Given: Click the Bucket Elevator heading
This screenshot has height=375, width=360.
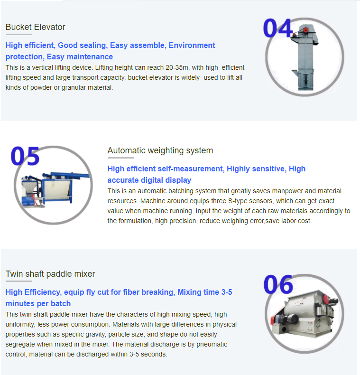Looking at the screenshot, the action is (x=35, y=27).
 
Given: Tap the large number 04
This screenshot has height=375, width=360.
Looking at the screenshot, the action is (x=277, y=28).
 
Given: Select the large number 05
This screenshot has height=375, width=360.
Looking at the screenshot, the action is (x=25, y=156).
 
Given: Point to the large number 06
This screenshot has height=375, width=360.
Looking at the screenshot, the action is (x=278, y=284).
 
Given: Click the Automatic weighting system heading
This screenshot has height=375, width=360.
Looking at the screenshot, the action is (x=160, y=150).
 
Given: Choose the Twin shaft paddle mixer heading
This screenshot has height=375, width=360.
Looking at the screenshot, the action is (x=50, y=274).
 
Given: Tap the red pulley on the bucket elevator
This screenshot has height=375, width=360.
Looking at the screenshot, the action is (x=306, y=30).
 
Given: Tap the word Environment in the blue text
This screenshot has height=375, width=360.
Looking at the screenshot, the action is (x=192, y=45).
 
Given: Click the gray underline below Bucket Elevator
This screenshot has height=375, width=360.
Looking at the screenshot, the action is (x=18, y=35).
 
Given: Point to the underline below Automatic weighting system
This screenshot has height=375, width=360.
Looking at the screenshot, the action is (x=120, y=158).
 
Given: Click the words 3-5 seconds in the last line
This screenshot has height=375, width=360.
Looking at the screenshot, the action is (x=148, y=354).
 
